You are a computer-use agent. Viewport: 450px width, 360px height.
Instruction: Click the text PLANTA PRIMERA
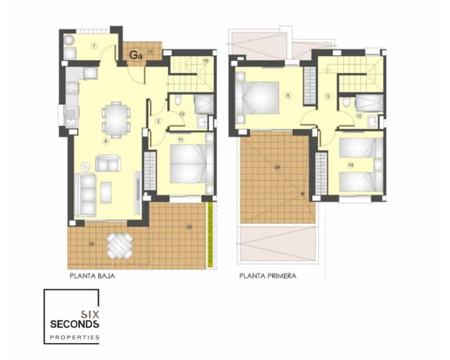click(x=268, y=276)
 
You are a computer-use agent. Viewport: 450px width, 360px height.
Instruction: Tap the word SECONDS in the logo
click(x=74, y=324)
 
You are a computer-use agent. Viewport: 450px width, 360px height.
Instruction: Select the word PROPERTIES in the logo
click(x=74, y=337)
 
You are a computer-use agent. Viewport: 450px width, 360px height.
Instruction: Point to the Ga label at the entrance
click(x=136, y=55)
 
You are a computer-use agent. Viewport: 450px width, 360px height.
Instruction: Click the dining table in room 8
click(x=116, y=119)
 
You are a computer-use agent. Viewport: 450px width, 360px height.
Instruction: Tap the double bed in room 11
click(x=191, y=164)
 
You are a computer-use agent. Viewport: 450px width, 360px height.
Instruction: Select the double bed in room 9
click(x=259, y=97)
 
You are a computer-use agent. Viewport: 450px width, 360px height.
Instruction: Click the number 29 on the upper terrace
click(x=277, y=167)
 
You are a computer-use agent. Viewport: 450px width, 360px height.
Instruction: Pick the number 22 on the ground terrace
click(x=189, y=227)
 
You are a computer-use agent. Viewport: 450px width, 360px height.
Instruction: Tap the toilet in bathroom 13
click(x=177, y=101)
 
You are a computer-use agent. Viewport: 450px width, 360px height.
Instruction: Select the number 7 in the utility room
click(x=94, y=45)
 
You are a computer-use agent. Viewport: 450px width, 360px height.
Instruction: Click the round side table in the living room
click(x=85, y=166)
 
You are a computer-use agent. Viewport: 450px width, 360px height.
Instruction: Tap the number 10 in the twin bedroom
click(x=350, y=165)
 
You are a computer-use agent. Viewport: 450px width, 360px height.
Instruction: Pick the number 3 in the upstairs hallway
click(x=328, y=96)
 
